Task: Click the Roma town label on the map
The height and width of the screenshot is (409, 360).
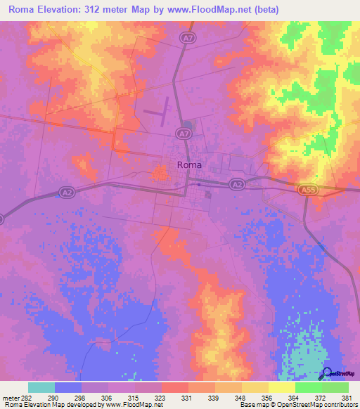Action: (x=189, y=164)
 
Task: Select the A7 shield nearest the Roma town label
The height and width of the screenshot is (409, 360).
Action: (x=184, y=133)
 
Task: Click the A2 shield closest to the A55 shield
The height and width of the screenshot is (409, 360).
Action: (x=237, y=184)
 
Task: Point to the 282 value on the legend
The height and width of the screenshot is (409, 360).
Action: (x=27, y=397)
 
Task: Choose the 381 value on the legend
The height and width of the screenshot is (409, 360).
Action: (x=348, y=397)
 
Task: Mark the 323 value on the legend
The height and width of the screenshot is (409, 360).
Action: (x=161, y=397)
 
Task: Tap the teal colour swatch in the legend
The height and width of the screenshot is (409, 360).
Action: (x=41, y=387)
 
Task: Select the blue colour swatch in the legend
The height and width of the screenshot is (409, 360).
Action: (x=68, y=387)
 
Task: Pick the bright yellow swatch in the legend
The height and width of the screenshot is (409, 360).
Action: (x=281, y=387)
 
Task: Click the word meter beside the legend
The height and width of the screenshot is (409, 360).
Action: (x=11, y=397)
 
